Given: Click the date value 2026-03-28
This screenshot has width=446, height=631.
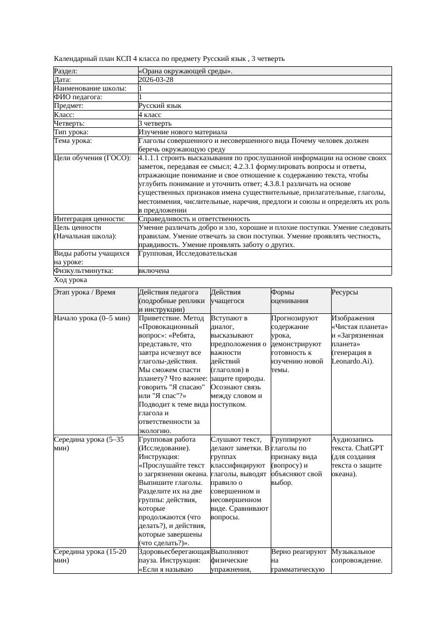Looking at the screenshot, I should pyautogui.click(x=156, y=79).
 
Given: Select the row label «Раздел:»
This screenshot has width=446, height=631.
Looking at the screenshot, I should pyautogui.click(x=66, y=71).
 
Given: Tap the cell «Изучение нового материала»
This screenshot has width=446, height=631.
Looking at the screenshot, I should pyautogui.click(x=182, y=132).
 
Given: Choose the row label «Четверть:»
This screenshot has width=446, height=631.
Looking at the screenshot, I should pyautogui.click(x=69, y=123).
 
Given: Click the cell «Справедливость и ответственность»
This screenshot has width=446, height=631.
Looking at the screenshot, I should pyautogui.click(x=194, y=218).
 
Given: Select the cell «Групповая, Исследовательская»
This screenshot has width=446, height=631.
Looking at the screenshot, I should pyautogui.click(x=187, y=253).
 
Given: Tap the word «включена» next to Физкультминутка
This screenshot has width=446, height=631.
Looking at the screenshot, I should pyautogui.click(x=154, y=271).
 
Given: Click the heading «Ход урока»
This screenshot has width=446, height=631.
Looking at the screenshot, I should pyautogui.click(x=71, y=280).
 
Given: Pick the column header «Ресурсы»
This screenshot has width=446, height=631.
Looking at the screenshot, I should pyautogui.click(x=345, y=292).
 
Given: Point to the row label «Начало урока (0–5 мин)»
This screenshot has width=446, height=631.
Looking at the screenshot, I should pyautogui.click(x=92, y=318).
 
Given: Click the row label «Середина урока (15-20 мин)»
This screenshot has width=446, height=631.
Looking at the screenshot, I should pyautogui.click(x=90, y=556).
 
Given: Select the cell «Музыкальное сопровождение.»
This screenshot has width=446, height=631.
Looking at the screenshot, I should pyautogui.click(x=357, y=556).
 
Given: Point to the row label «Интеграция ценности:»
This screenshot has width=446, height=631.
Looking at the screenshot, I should pyautogui.click(x=90, y=218).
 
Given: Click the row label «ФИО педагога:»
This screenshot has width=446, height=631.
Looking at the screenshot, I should pyautogui.click(x=78, y=97).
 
